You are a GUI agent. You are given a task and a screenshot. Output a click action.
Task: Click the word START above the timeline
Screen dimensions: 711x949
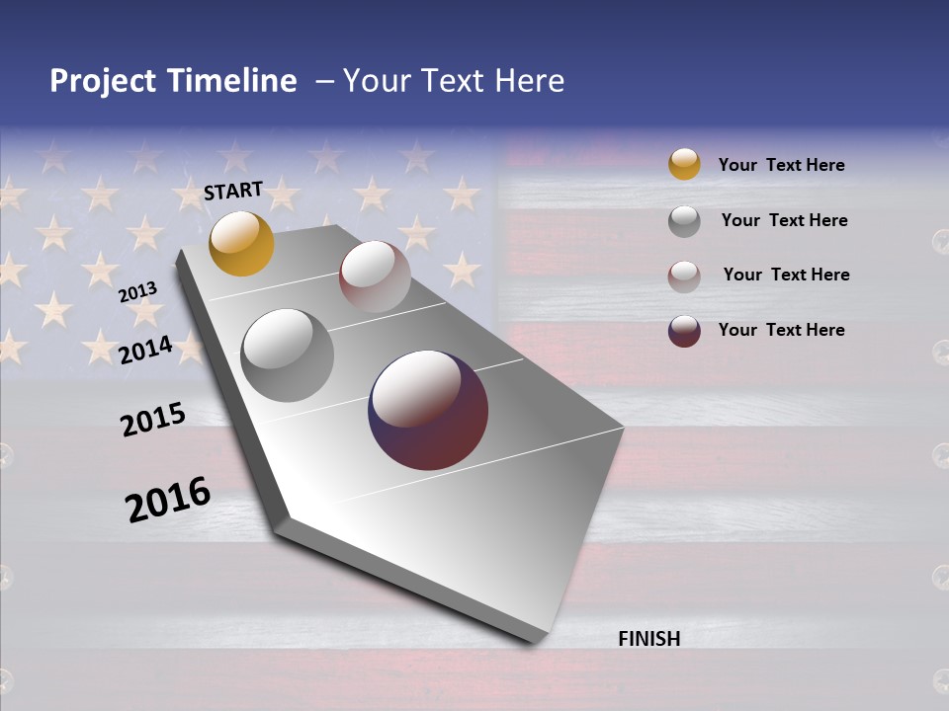tap(233, 191)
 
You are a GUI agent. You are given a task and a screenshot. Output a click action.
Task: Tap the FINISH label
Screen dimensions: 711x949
tap(648, 639)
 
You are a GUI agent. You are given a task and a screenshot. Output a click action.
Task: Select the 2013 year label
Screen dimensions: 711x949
tap(137, 291)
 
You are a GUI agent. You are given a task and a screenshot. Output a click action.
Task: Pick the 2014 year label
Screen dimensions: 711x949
tap(145, 350)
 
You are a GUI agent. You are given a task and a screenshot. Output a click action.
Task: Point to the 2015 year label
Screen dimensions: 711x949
tap(153, 420)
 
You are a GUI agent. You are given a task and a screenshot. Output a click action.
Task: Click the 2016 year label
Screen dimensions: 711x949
tap(168, 500)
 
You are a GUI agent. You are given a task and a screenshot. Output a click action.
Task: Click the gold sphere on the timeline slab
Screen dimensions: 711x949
tap(241, 243)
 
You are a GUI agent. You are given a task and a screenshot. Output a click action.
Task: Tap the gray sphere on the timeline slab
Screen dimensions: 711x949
tap(288, 355)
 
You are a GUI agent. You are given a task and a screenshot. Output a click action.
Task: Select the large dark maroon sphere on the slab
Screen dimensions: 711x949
tap(428, 410)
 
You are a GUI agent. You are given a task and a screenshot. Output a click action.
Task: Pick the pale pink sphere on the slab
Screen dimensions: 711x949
tap(375, 276)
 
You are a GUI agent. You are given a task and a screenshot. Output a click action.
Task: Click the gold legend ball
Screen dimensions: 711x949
tap(684, 164)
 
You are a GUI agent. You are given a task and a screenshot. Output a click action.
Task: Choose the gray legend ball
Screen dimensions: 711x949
tap(684, 221)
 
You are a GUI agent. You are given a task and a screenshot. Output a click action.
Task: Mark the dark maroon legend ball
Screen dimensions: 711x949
tap(684, 331)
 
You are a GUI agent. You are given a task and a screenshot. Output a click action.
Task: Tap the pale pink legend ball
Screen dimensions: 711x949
tap(684, 276)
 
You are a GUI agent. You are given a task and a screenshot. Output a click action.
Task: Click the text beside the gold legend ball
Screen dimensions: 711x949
tap(781, 165)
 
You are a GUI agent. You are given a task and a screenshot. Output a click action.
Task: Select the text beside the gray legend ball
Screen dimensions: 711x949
tap(784, 220)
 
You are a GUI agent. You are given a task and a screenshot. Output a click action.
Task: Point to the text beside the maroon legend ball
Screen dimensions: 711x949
tap(781, 330)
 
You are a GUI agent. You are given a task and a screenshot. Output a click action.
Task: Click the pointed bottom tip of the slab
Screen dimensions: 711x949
tap(534, 642)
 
